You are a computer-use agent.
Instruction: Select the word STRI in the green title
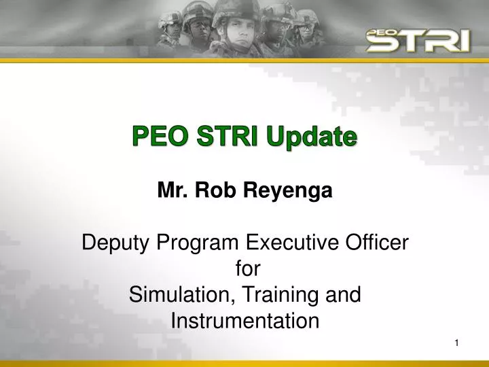pyautogui.click(x=220, y=137)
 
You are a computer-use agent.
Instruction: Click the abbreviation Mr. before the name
pyautogui.click(x=173, y=192)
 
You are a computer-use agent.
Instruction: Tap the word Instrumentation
pyautogui.click(x=244, y=320)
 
